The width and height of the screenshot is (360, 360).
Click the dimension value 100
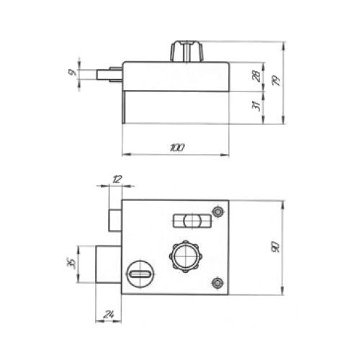(x=177, y=148)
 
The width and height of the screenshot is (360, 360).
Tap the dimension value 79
(x=276, y=81)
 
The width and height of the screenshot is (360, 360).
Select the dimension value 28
(x=256, y=76)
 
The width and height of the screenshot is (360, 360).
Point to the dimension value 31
(x=256, y=106)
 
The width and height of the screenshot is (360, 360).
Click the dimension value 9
(x=71, y=72)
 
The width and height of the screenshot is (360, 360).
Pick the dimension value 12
(x=117, y=179)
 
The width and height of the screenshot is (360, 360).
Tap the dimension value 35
(x=72, y=264)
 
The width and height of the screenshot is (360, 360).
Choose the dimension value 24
(x=109, y=315)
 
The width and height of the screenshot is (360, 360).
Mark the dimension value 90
(x=276, y=247)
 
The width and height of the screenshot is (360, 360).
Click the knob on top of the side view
(x=187, y=51)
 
